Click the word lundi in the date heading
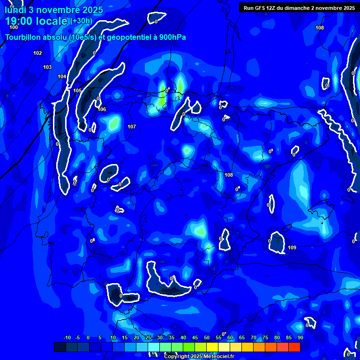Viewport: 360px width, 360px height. click(15, 10)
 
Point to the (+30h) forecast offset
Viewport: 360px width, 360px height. click(82, 21)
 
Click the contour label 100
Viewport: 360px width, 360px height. click(14, 28)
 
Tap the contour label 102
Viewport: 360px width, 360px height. click(38, 53)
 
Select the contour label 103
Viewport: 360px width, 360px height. click(47, 67)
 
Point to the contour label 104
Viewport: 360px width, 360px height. click(62, 76)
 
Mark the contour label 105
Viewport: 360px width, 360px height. click(77, 90)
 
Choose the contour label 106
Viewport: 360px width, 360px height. click(102, 109)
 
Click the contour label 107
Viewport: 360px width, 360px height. click(132, 127)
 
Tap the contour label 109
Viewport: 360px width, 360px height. click(292, 247)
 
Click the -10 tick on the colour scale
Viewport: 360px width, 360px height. click(67, 338)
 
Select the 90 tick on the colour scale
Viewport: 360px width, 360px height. click(300, 338)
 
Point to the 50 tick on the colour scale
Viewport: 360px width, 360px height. click(207, 338)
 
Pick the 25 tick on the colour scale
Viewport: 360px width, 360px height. click(148, 338)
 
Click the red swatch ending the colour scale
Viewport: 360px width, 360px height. click(294, 347)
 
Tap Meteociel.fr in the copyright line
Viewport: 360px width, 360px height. click(215, 356)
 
